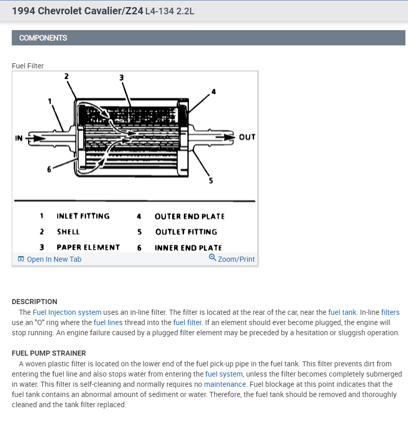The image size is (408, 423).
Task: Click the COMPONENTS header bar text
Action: click(x=43, y=38)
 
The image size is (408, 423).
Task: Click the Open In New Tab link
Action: click(x=54, y=259)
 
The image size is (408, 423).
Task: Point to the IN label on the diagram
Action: click(x=19, y=138)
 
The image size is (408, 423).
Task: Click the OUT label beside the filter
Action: click(x=247, y=137)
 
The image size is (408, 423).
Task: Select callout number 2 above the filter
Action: click(x=66, y=77)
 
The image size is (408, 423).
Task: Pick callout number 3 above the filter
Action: click(x=121, y=78)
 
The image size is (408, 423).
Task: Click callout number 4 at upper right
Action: click(x=213, y=92)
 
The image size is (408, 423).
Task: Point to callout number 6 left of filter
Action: click(x=50, y=170)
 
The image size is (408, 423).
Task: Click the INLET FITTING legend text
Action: click(x=83, y=216)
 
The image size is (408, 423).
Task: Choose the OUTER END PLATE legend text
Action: click(x=189, y=216)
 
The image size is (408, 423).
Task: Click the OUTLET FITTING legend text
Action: click(x=186, y=232)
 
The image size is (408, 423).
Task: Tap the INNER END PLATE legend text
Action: click(x=188, y=248)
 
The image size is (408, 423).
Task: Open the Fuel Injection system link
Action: click(x=67, y=312)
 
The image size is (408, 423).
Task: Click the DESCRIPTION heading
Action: click(x=34, y=302)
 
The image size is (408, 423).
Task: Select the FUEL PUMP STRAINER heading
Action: click(x=49, y=353)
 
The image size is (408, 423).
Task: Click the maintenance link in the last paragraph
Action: click(x=225, y=384)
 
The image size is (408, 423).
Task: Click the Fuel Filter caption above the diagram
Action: click(x=28, y=66)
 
